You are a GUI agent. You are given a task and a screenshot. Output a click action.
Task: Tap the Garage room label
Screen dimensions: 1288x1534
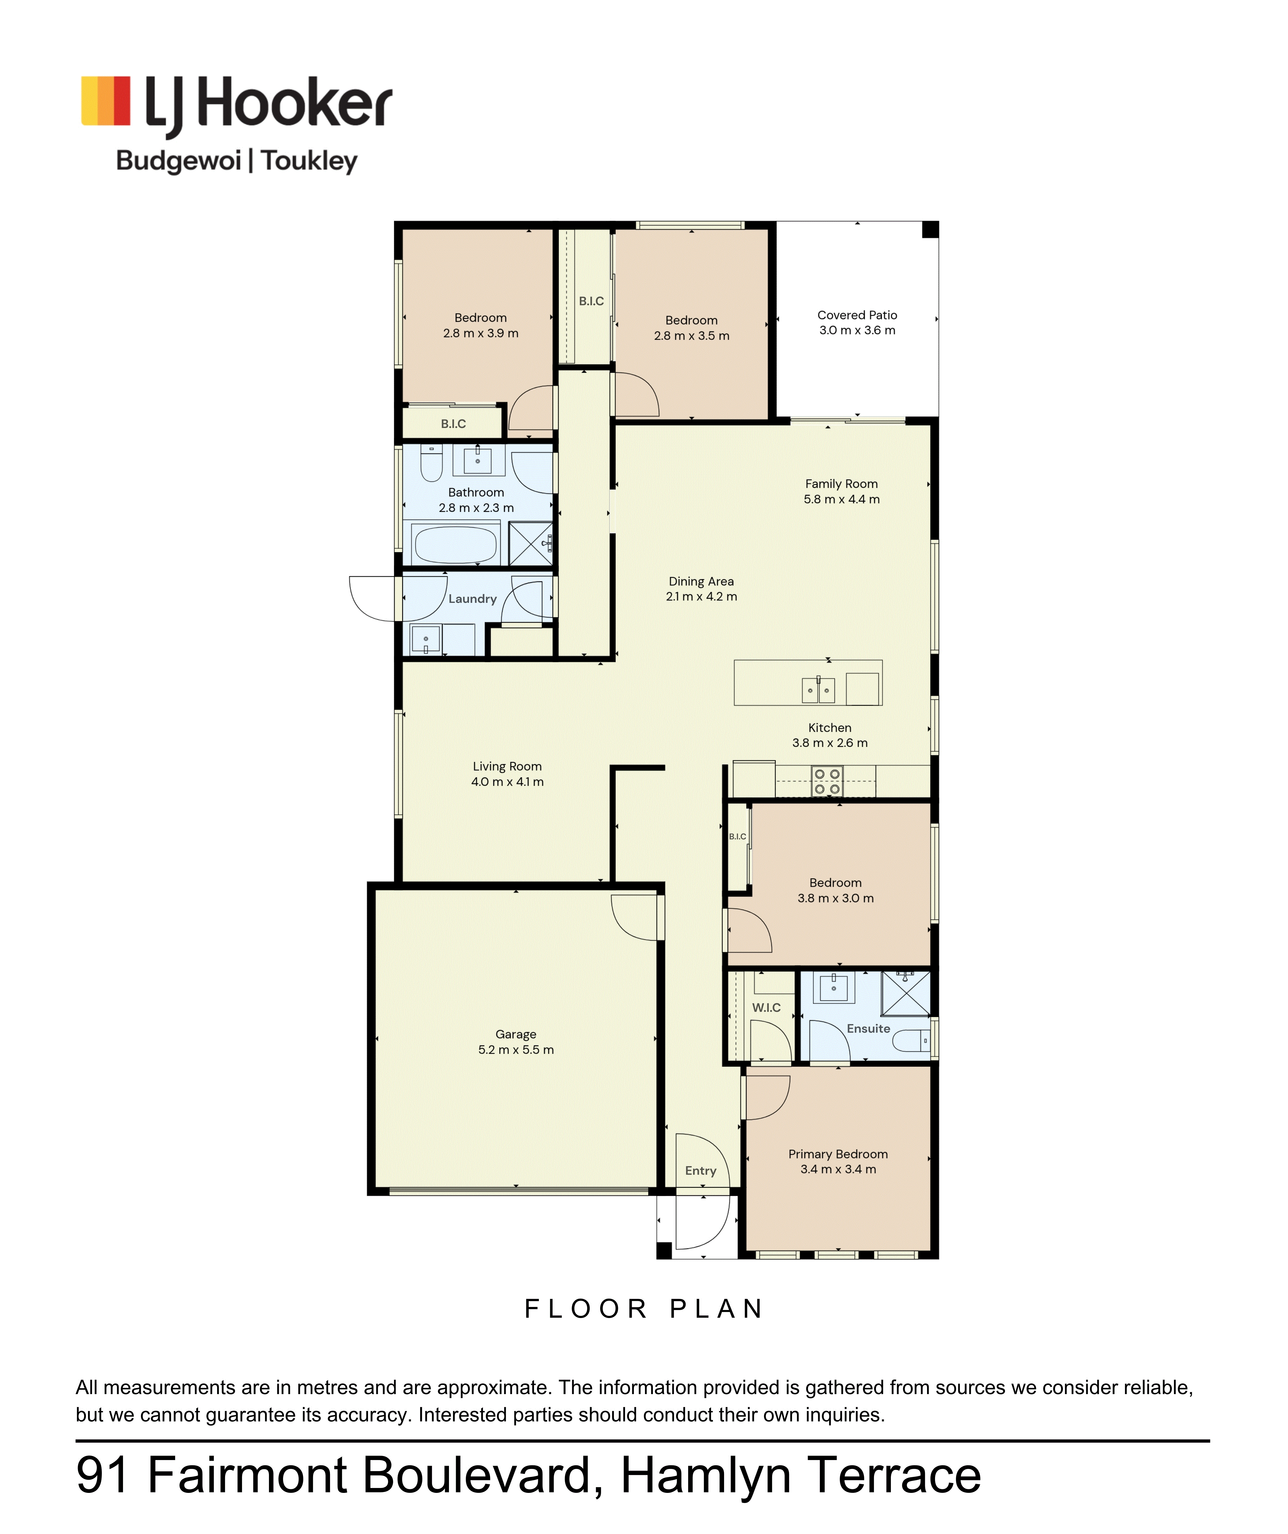tap(516, 1034)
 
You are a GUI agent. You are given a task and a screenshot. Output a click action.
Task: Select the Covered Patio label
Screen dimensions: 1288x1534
tap(857, 315)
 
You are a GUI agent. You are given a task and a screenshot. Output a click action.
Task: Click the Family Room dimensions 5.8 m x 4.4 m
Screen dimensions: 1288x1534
tap(842, 500)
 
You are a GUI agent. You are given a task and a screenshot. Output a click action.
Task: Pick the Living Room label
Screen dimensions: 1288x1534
tap(508, 766)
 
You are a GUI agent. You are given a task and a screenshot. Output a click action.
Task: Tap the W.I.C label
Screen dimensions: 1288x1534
tap(767, 1007)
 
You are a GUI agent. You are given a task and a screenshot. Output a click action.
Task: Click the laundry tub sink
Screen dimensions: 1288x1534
tap(426, 639)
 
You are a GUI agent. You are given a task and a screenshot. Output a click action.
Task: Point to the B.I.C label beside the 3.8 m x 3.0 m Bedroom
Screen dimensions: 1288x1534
tap(738, 836)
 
